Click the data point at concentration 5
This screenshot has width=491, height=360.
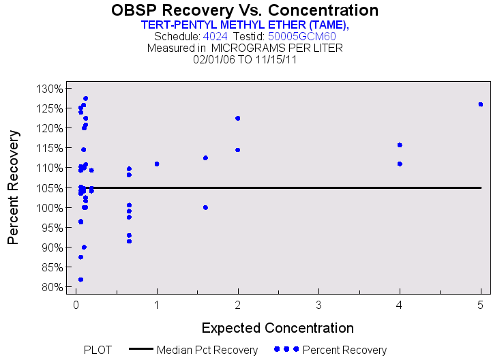point(481,104)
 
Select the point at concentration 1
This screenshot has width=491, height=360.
point(157,164)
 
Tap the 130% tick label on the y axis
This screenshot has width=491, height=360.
point(50,89)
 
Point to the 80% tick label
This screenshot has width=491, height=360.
point(52,287)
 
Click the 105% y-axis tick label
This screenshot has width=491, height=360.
point(50,187)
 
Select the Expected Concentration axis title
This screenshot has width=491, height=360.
point(278,327)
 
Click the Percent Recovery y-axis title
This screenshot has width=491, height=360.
point(14,187)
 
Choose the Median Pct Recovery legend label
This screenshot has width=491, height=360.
point(207,350)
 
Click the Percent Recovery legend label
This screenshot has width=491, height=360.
point(344,350)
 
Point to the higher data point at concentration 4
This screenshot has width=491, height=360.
point(400,145)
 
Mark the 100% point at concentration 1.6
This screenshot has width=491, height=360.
point(205,207)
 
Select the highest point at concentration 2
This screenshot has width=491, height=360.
point(238,118)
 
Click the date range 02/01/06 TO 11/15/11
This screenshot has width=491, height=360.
point(245,59)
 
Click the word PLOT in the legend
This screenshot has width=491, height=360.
point(98,350)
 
